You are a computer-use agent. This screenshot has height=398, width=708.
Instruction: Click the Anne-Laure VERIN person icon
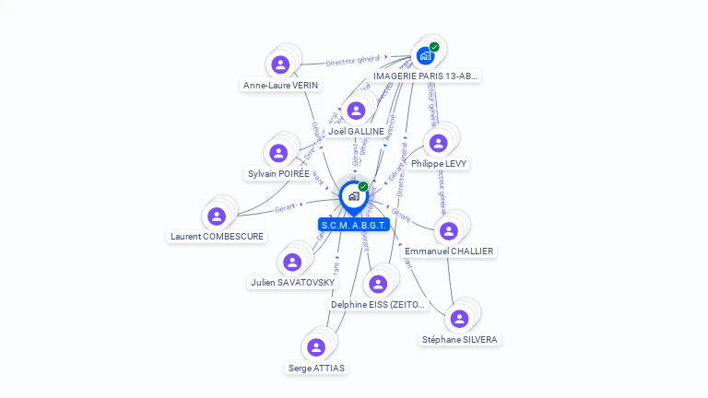(x=280, y=64)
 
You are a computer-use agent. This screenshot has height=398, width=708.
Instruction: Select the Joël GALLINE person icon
(x=356, y=111)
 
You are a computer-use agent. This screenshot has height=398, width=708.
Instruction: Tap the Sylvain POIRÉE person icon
(x=278, y=153)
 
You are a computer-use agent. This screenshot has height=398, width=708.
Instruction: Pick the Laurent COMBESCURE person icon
(x=217, y=216)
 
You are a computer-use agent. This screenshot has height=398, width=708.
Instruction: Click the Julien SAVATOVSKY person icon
(x=292, y=263)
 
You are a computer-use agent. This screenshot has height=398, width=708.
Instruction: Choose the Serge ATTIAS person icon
(x=316, y=347)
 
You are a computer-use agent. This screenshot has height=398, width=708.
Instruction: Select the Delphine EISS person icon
(x=377, y=284)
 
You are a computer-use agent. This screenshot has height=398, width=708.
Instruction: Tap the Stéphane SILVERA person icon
(x=459, y=319)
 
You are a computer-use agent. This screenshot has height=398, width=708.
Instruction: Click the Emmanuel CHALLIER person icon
(x=449, y=230)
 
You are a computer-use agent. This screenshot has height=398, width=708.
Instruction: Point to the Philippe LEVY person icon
(x=439, y=143)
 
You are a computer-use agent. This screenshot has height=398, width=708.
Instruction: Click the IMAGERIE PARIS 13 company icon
(x=425, y=56)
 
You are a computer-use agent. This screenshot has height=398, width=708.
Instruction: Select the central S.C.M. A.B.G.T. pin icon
(x=353, y=196)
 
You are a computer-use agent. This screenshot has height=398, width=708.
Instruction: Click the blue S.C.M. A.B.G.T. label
(x=354, y=225)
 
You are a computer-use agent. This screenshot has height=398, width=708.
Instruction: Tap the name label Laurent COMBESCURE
(x=217, y=237)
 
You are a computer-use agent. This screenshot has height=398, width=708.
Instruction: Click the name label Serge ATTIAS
(x=316, y=369)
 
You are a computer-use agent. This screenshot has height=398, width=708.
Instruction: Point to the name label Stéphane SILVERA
(x=459, y=340)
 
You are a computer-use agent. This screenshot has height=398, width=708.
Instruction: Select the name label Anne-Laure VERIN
(x=280, y=86)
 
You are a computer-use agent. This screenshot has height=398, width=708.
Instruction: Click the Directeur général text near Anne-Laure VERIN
(x=353, y=61)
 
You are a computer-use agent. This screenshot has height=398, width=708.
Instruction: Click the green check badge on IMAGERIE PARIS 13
(x=434, y=47)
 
